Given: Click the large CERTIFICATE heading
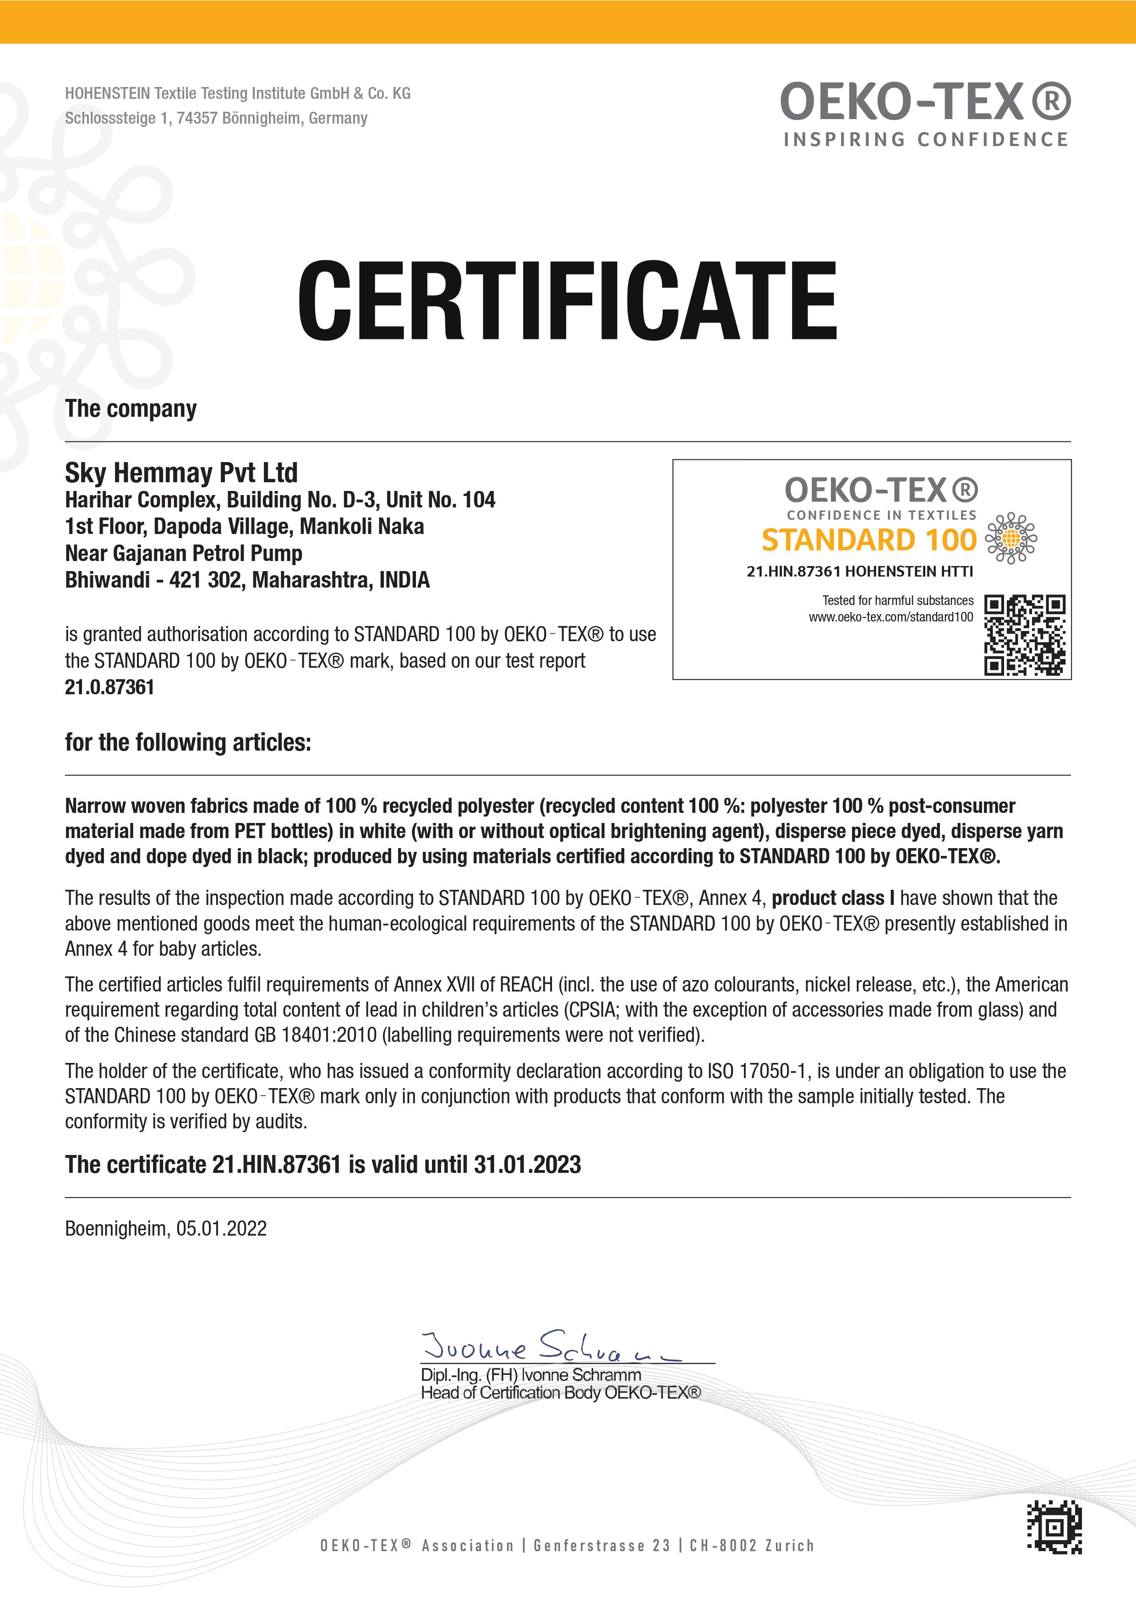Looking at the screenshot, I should coord(567,300).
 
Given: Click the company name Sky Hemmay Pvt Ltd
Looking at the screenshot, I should coord(181,473).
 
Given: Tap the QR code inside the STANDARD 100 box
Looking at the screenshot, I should coord(1025,635).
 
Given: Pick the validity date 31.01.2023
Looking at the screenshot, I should coord(527,1165).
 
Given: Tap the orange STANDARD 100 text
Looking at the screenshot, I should coord(868,539).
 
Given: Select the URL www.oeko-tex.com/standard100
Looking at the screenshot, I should coord(890,616).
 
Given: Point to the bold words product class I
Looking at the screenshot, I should coord(833,898).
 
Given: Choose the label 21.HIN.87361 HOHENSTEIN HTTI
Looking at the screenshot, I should coord(859,571).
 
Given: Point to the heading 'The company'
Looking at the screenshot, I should coord(131,409).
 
